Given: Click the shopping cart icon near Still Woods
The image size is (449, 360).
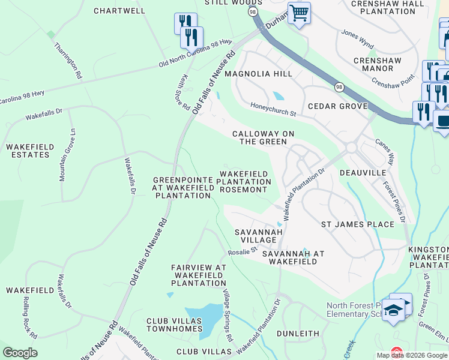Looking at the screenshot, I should point(299,12).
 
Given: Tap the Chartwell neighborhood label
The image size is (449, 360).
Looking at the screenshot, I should point(120,11).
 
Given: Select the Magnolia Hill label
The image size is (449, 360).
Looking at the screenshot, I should point(258,74).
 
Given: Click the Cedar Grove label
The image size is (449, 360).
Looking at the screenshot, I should point(337,106).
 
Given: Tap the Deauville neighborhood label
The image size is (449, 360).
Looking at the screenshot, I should point(363,172).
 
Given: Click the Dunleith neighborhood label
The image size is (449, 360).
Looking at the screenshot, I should point(298,333).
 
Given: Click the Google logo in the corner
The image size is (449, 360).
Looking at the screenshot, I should point(20,353).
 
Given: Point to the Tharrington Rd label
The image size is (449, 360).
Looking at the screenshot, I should point(67,61).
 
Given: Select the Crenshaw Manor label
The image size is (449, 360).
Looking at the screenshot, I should point(381,64).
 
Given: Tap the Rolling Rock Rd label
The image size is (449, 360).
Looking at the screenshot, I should point(31,317).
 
